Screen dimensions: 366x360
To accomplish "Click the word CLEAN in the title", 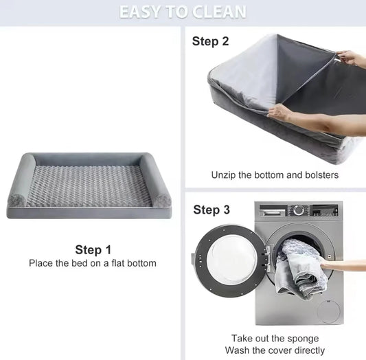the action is pyautogui.click(x=219, y=12).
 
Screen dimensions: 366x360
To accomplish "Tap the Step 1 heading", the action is pyautogui.click(x=93, y=250).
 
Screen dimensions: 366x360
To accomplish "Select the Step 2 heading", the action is pyautogui.click(x=210, y=41).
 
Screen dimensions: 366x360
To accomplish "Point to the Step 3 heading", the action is pyautogui.click(x=211, y=210).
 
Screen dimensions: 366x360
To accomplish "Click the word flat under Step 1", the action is pyautogui.click(x=117, y=263).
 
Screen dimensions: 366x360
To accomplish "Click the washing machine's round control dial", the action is pyautogui.click(x=299, y=210).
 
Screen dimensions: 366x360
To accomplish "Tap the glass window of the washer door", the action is pyautogui.click(x=231, y=260).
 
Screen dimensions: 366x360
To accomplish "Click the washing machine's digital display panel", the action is pyautogui.click(x=325, y=211).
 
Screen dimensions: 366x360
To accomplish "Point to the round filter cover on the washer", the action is pyautogui.click(x=329, y=311).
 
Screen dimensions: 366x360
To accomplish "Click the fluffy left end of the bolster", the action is pyautogui.click(x=16, y=201).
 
